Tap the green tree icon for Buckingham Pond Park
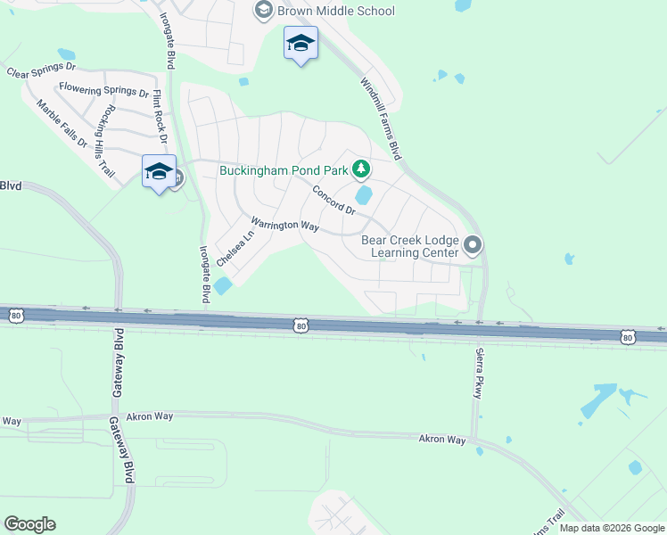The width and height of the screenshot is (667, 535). (360, 168)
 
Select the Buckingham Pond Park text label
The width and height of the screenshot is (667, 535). (284, 169)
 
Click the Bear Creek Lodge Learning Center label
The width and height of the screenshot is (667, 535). (410, 246)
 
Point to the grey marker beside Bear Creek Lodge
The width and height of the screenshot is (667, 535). (473, 243)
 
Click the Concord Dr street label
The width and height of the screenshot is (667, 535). (333, 199)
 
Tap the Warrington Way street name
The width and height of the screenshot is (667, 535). (284, 225)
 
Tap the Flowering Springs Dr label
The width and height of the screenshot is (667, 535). (104, 90)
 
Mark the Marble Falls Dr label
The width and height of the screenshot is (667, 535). (62, 123)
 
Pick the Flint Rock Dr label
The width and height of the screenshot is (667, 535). (161, 117)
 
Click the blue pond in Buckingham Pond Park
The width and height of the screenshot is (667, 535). (363, 194)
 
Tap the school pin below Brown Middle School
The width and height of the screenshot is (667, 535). (301, 44)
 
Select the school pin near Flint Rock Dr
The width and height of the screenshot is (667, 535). (159, 171)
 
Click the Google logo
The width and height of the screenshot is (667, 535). (29, 524)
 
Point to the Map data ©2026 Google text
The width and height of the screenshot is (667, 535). (612, 528)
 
